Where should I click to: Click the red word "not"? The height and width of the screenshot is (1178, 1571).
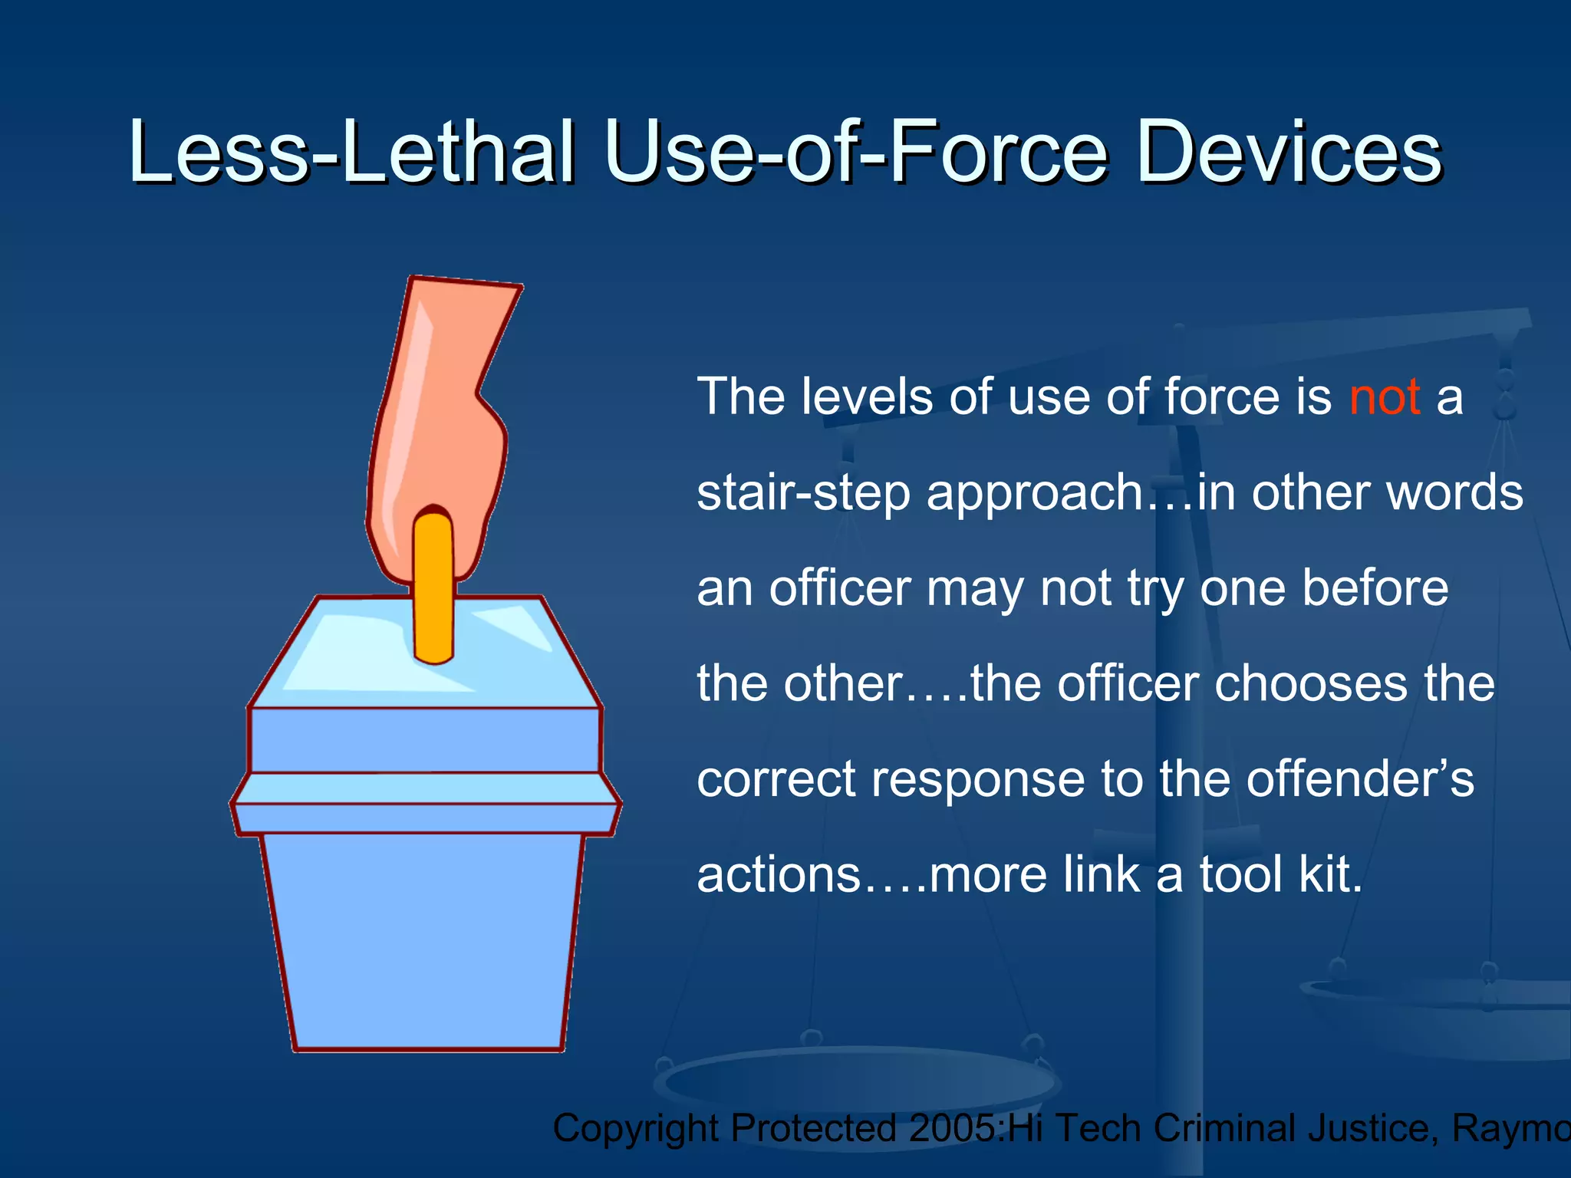click(1385, 397)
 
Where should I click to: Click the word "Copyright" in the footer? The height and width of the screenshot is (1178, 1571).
click(636, 1128)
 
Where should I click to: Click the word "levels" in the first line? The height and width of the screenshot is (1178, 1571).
click(867, 397)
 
